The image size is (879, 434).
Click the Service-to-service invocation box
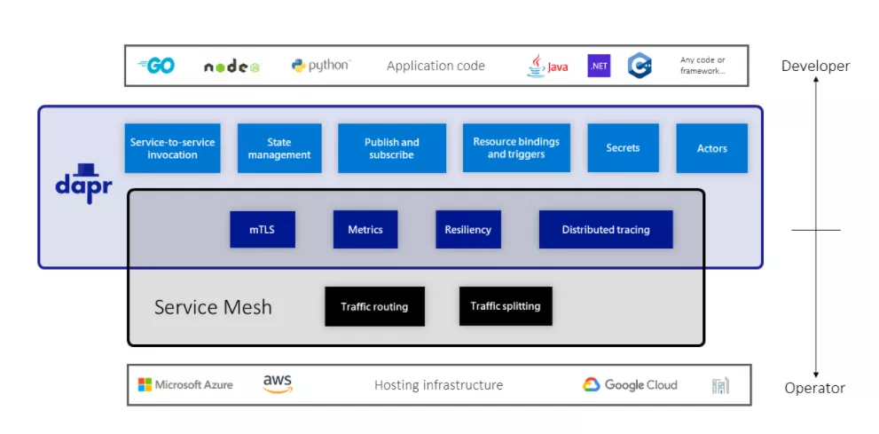[x=172, y=148]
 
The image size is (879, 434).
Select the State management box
[x=279, y=148]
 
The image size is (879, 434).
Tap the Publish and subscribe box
[x=391, y=148]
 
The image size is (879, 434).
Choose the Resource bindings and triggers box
[x=516, y=148]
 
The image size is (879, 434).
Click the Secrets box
[x=623, y=148]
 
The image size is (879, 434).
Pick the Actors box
[x=711, y=148]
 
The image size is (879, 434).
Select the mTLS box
[x=262, y=230]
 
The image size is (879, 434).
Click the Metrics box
[x=365, y=230]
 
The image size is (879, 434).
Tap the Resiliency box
[x=467, y=230]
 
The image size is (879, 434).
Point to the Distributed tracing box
[x=605, y=230]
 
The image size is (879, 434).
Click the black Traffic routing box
[x=374, y=306]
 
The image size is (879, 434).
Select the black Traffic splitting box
[x=505, y=306]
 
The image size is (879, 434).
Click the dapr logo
[x=83, y=182]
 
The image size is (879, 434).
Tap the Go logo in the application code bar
[x=156, y=66]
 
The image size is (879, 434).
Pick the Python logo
[x=320, y=66]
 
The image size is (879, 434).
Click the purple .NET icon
[x=599, y=66]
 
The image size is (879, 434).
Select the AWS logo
[x=277, y=384]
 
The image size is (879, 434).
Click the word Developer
[x=815, y=66]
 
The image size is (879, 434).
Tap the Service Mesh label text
[x=213, y=308]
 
